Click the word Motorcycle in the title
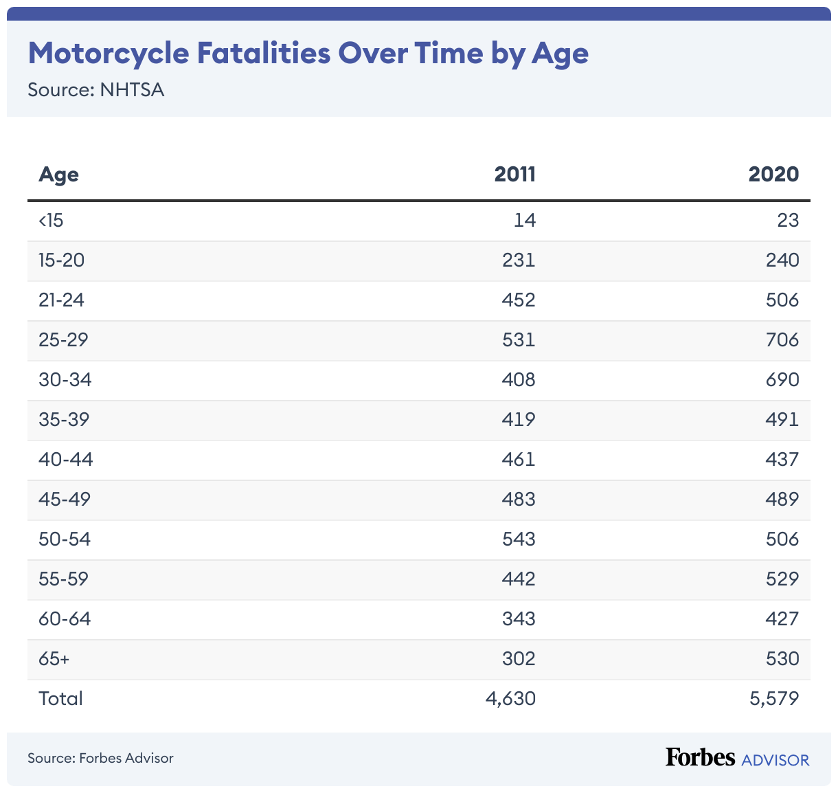109,54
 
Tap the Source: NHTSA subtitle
95,90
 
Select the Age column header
58,174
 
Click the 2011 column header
514,174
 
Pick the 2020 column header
773,174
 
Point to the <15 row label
51,221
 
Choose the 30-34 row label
65,380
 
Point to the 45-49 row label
65,500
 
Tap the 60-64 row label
65,619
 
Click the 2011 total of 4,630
510,699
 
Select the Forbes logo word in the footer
700,757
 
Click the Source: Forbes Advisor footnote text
100,758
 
